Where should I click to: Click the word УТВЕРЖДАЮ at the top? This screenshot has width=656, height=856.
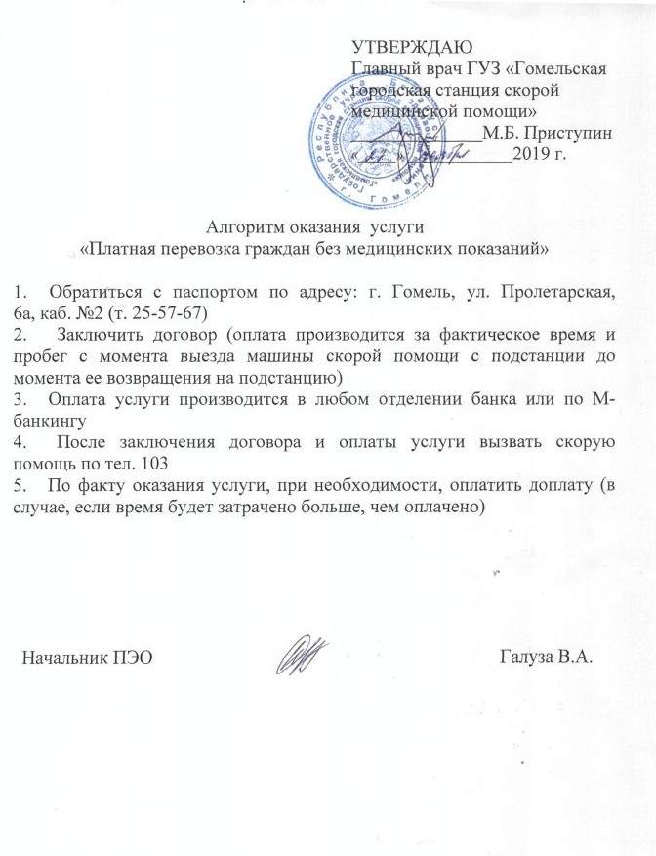coord(411,46)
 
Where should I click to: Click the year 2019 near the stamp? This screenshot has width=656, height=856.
coord(537,153)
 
